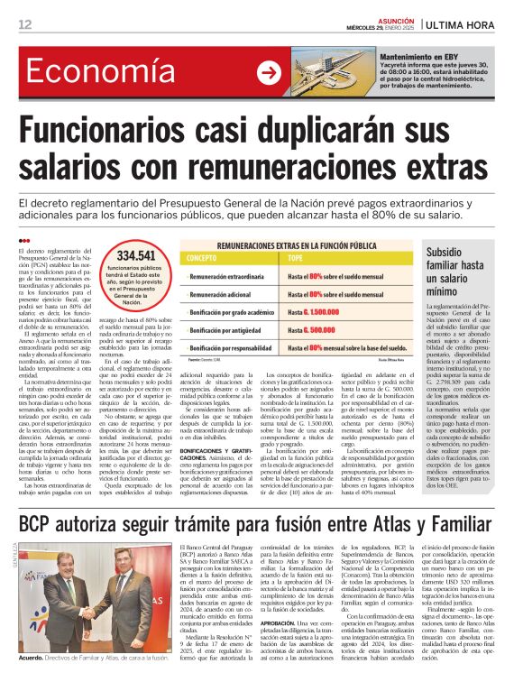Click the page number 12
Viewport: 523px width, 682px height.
pos(24,24)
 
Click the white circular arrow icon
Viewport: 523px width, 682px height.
pos(269,72)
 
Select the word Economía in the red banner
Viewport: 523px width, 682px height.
pos(87,73)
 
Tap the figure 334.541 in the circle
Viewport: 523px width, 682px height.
pos(136,256)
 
